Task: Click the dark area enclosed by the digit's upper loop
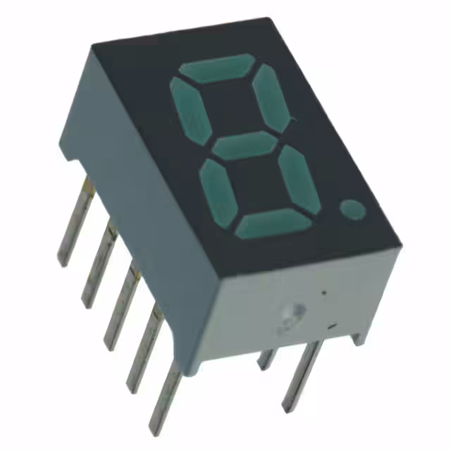232,107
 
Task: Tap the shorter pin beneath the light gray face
267,358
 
